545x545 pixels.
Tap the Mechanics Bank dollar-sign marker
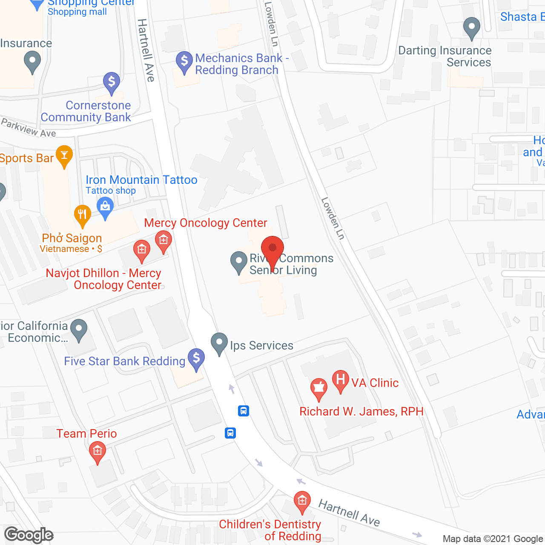(x=184, y=62)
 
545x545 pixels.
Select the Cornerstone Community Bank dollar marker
(x=112, y=82)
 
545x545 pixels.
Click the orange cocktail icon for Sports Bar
(x=64, y=156)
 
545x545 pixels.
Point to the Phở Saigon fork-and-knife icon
(x=82, y=215)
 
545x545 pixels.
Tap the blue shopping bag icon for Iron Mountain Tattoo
(x=105, y=208)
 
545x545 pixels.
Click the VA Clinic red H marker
(x=340, y=380)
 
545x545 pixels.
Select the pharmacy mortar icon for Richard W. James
(x=318, y=389)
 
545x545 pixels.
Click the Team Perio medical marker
(x=98, y=451)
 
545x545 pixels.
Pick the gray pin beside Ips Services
(x=219, y=343)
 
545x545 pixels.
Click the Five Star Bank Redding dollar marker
(x=196, y=359)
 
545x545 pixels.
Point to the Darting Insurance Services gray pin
(x=471, y=27)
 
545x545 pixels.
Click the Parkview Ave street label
(x=29, y=128)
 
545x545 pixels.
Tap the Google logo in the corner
(x=29, y=535)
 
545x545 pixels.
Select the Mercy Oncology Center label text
(x=206, y=223)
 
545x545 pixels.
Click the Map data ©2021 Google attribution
(x=493, y=539)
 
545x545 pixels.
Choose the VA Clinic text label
(x=375, y=383)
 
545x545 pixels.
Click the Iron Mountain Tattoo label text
(x=141, y=180)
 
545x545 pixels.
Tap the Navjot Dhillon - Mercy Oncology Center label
(x=103, y=279)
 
